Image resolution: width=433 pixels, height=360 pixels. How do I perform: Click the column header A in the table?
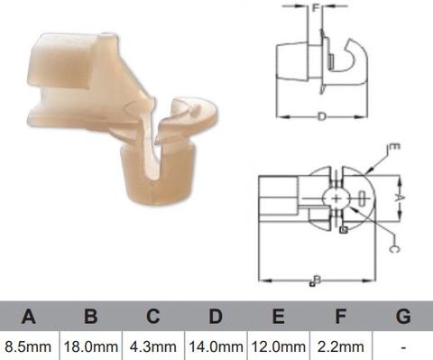point(30,317)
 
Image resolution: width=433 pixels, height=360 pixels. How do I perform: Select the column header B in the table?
point(91,317)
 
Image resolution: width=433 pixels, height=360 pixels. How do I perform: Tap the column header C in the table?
point(153,317)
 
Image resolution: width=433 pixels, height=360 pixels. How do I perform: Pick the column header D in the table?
point(216,317)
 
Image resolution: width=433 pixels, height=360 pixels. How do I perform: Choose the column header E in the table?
point(278,317)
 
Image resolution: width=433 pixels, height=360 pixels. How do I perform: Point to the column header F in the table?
point(340,317)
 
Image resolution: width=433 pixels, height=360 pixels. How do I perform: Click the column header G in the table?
point(402,317)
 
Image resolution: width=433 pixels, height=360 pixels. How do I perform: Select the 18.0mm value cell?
point(91,346)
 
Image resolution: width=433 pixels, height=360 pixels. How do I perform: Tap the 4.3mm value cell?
point(153,346)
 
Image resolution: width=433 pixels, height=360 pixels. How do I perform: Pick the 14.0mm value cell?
point(216,346)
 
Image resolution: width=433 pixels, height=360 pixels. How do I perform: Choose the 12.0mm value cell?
point(278,346)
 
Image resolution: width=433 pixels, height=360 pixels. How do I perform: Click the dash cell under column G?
point(402,346)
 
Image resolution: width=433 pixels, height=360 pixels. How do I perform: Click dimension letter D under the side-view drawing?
point(322,116)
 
